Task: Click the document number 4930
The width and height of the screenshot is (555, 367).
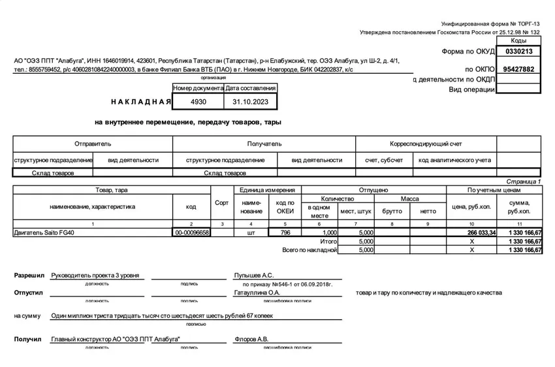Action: tap(198, 103)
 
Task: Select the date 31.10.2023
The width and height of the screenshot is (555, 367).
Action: tap(251, 103)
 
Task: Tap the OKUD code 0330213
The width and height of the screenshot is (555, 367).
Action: tap(519, 51)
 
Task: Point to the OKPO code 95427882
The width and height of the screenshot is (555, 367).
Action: tap(519, 69)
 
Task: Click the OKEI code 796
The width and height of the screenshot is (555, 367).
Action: tap(285, 232)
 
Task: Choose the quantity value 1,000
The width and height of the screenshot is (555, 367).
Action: tap(329, 232)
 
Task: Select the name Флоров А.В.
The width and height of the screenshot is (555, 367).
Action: tap(251, 340)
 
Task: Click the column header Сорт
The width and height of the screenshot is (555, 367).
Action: tap(222, 203)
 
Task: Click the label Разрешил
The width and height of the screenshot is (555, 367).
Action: tap(29, 276)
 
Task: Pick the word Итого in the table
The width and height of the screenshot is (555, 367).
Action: tap(328, 241)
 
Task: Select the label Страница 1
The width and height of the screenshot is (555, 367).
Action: tap(524, 181)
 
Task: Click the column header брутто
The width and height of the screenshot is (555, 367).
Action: tap(392, 211)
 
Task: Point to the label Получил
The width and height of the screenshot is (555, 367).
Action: tap(28, 340)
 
